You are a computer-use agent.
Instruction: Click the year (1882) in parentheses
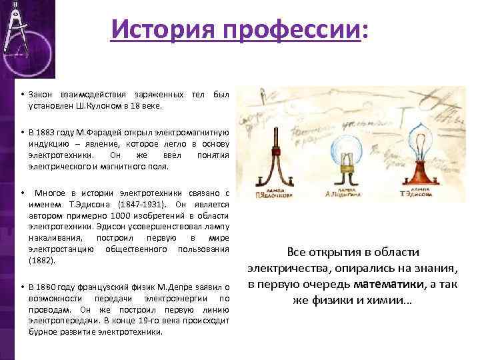tap(41, 261)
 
